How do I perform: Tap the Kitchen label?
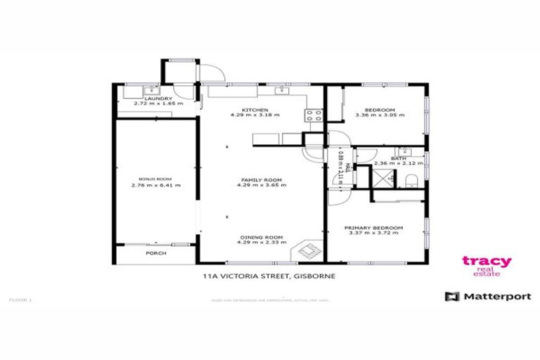coord(251,110)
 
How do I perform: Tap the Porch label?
coord(155,252)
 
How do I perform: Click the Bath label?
coord(399,158)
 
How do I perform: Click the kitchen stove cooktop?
coord(314,117)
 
